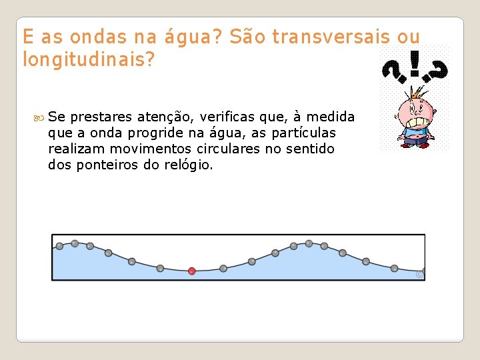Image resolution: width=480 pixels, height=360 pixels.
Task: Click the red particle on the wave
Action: (x=192, y=271)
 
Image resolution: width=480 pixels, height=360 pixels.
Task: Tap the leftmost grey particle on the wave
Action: (x=59, y=246)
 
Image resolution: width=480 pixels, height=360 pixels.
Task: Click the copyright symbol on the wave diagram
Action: (x=419, y=274)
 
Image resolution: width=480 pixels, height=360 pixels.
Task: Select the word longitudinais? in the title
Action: (x=89, y=60)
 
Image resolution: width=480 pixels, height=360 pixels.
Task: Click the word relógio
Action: (x=189, y=165)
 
